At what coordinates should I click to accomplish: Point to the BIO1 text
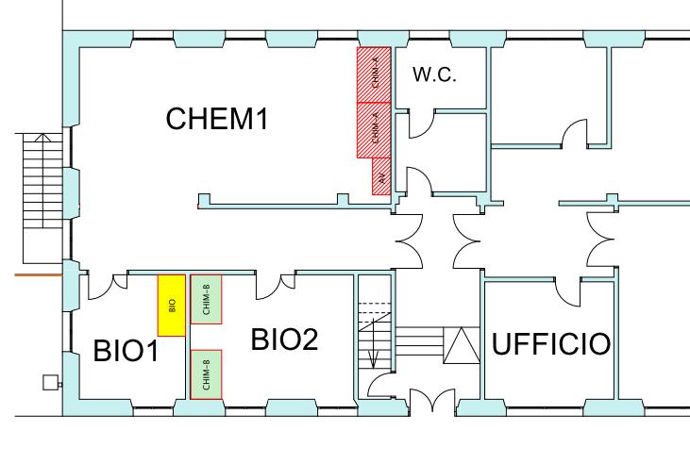coord(125,350)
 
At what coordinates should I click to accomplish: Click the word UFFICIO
coord(548,345)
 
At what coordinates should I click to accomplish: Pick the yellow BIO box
coord(171,304)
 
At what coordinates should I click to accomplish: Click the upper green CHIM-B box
coord(206,300)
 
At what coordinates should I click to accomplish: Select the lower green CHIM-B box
coord(206,374)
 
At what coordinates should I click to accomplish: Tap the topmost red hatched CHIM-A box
coord(374,73)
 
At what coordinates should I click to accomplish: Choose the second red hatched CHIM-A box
coord(374,128)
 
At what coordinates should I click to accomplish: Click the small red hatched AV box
coord(380,175)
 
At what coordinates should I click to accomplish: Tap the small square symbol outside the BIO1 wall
coord(50,383)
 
